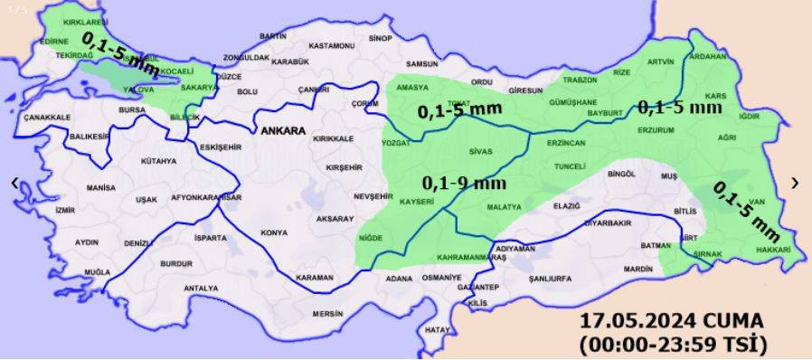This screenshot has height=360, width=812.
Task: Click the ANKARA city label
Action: coord(282,131)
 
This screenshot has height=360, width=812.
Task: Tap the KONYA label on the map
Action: coord(274,232)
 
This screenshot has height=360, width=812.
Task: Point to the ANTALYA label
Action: coord(200,288)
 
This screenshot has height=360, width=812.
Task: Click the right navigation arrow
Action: coord(795,183)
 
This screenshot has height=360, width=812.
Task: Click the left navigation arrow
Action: coord(14,183)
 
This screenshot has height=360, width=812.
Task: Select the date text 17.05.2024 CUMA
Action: coord(672,322)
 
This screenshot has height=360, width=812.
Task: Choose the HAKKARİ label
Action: coord(773,250)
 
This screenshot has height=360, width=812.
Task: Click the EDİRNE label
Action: coord(54,41)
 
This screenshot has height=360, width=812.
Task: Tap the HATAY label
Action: coord(437,329)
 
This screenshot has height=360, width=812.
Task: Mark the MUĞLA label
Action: coord(97,271)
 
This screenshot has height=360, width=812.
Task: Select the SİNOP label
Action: coord(380,38)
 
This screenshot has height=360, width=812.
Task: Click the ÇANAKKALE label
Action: coord(47,118)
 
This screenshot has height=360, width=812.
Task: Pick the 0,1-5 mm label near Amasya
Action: coord(459,110)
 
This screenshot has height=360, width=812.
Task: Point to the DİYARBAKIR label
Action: coord(606,223)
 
